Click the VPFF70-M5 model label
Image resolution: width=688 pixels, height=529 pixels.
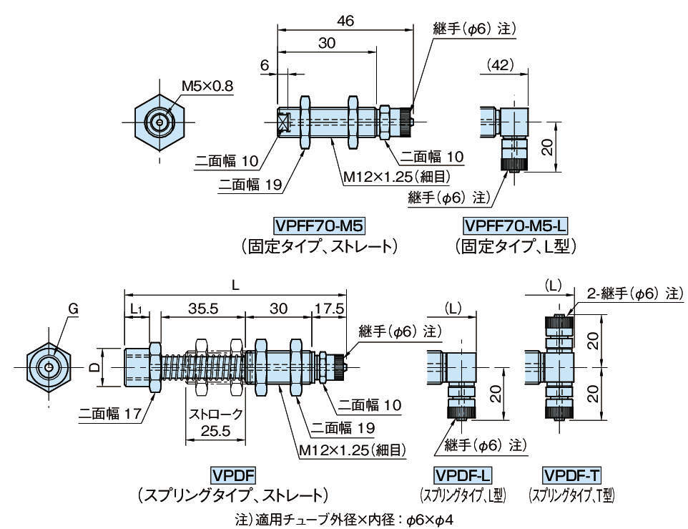[319, 226]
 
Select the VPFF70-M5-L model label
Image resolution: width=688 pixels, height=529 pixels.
[515, 226]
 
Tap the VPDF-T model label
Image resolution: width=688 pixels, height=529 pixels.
[572, 475]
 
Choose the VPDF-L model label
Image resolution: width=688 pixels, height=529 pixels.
[468, 475]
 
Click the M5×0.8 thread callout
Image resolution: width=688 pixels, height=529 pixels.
[207, 86]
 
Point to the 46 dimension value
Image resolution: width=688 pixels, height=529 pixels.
[345, 21]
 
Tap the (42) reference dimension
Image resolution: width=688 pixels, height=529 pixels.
[506, 65]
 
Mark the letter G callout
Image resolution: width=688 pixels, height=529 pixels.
[73, 309]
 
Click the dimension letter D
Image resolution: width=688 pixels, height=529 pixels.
[94, 367]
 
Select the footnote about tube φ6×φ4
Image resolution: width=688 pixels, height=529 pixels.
[344, 518]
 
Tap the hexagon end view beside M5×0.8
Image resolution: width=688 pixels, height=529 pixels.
[159, 122]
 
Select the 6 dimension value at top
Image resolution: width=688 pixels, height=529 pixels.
[265, 65]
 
